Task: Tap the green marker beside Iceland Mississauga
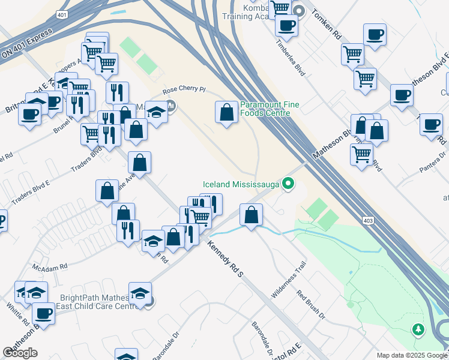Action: click(x=288, y=184)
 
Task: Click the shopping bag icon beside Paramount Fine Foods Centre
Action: click(x=226, y=112)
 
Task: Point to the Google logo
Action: click(x=20, y=353)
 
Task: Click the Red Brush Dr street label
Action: click(x=311, y=304)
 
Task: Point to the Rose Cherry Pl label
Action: click(x=184, y=91)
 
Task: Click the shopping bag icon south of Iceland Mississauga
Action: click(x=251, y=214)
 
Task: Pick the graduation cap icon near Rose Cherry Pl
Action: click(x=156, y=112)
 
